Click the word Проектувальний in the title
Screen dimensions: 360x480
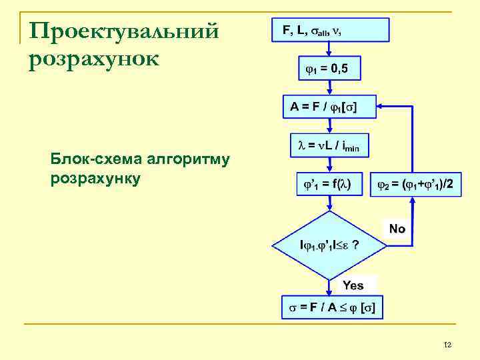coord(125,31)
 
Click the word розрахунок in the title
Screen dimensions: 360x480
coord(94,59)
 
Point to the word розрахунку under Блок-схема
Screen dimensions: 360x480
coord(95,179)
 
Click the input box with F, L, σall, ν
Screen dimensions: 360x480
coord(330,31)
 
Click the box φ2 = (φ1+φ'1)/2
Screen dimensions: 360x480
coord(415,184)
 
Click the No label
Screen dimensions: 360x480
coord(397,229)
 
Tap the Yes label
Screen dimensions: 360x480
coord(353,285)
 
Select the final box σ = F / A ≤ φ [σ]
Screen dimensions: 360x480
coord(331,307)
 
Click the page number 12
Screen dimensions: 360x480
coord(447,345)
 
